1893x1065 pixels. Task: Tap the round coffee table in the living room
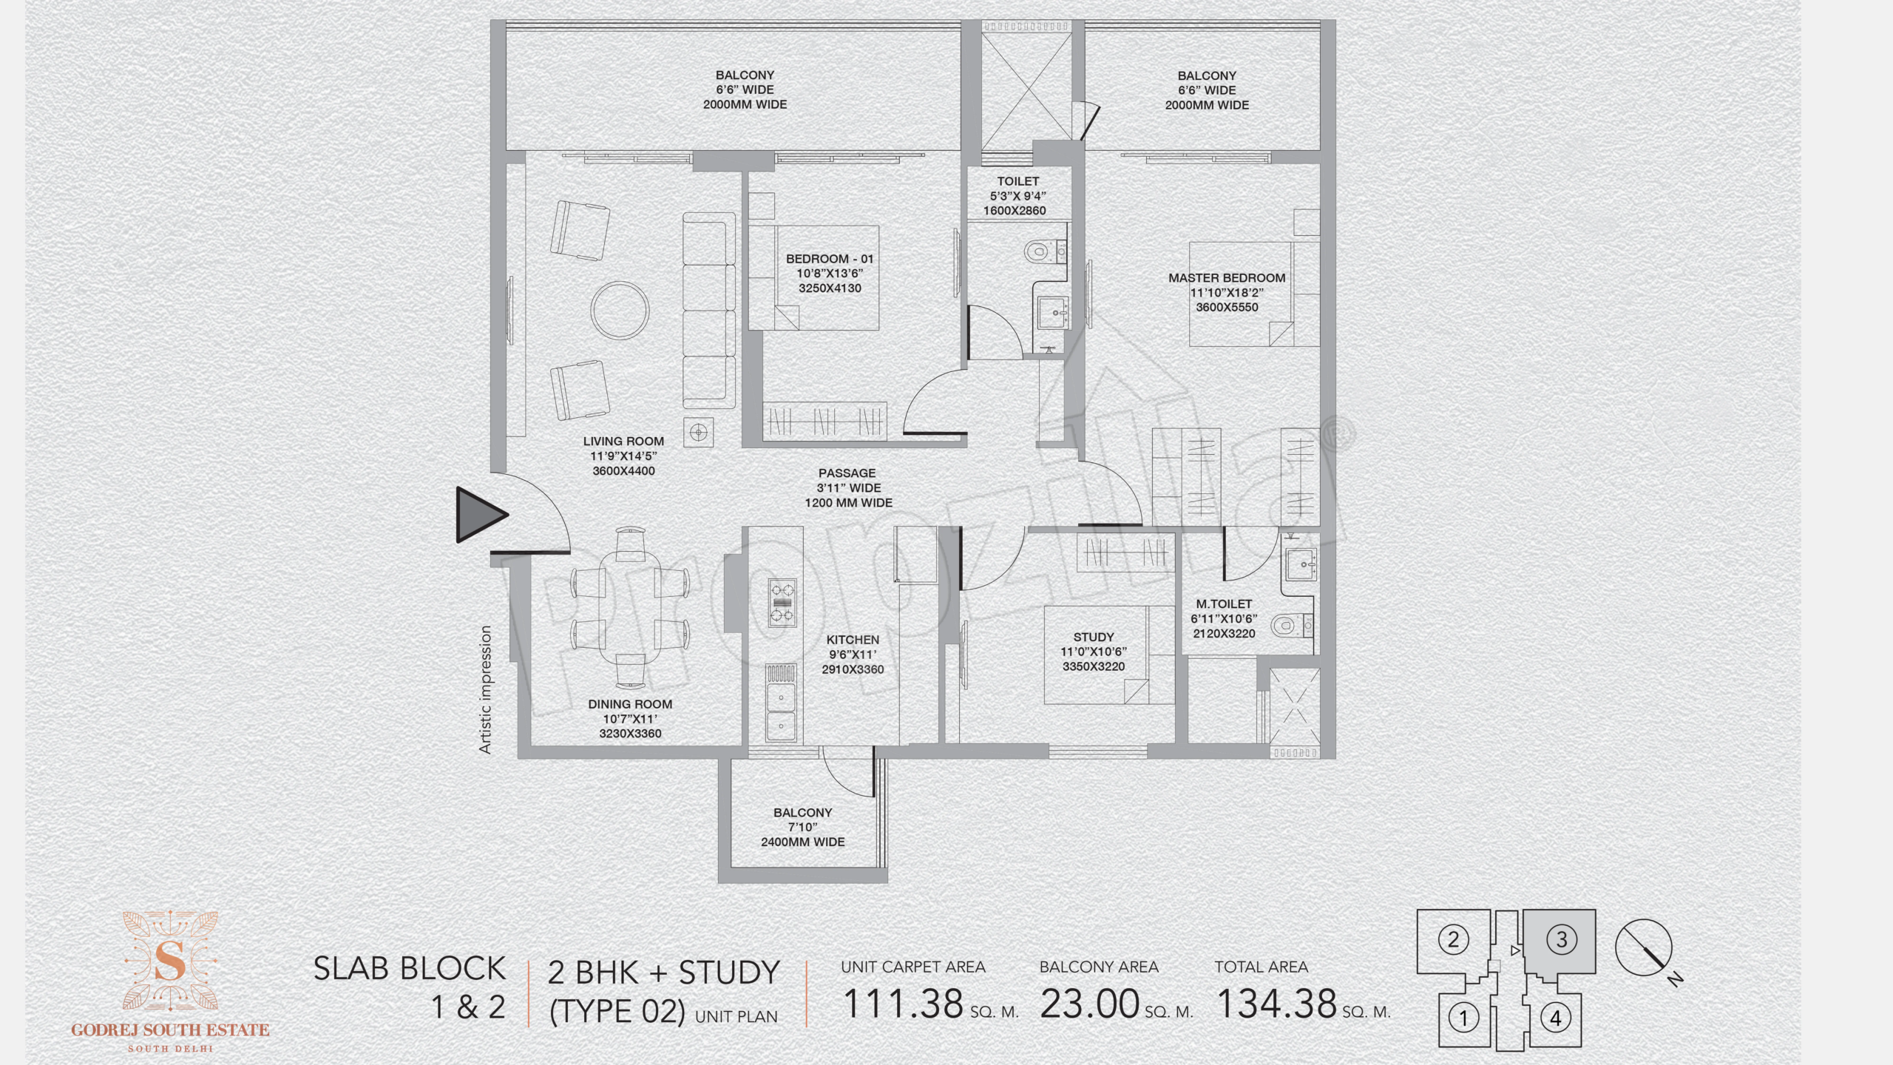620,310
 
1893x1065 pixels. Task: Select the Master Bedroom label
1227,278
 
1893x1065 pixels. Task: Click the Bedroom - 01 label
830,259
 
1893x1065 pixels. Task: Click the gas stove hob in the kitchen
782,602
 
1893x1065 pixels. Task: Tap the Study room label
1094,637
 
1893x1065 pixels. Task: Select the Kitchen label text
853,640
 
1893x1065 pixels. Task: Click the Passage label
847,473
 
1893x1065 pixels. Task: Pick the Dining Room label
630,704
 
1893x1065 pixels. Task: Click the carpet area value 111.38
903,1004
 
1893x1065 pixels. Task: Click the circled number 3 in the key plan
1562,940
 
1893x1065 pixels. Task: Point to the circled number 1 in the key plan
1462,1018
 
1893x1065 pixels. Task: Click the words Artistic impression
485,689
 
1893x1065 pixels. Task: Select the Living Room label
623,442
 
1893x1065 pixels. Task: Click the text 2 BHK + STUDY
663,972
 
